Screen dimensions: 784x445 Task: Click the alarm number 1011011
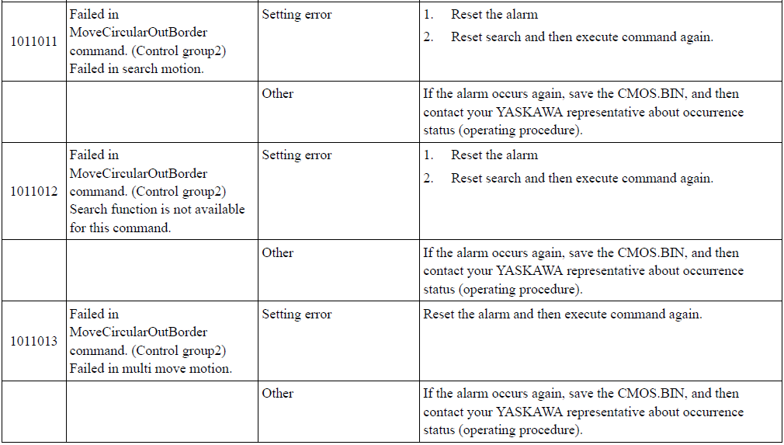[34, 41]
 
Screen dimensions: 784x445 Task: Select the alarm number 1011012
[34, 192]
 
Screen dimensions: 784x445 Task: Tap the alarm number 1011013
[34, 341]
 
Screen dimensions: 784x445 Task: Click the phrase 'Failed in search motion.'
[137, 68]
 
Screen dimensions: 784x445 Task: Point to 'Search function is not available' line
[157, 209]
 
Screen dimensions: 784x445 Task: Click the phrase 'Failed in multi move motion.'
[151, 368]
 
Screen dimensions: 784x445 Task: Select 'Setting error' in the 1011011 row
[297, 15]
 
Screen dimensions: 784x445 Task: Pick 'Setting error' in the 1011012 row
[297, 155]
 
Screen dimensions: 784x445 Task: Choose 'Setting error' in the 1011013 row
[297, 315]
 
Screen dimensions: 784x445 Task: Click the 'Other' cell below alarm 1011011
[277, 93]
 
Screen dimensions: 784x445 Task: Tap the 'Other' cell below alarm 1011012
[277, 252]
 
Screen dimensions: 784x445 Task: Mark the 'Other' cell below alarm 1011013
[277, 393]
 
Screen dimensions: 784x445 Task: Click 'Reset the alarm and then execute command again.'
[563, 315]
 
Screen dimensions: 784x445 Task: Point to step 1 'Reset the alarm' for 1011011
[494, 15]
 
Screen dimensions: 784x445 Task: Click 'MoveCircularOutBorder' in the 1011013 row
[138, 332]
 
